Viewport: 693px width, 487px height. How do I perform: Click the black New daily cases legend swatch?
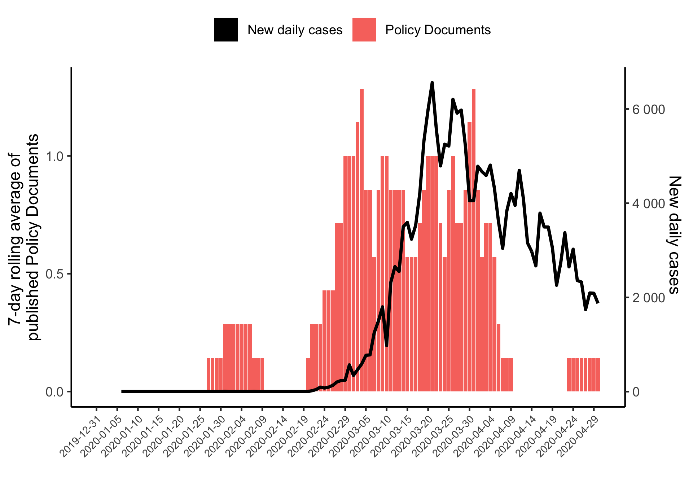(x=226, y=30)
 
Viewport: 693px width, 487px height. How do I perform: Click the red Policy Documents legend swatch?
(x=364, y=30)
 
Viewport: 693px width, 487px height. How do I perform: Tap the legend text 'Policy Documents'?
(x=438, y=30)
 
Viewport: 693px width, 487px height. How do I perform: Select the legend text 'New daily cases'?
(x=295, y=30)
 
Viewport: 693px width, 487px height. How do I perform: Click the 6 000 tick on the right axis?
(x=648, y=110)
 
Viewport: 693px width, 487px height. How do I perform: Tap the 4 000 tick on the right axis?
(x=648, y=203)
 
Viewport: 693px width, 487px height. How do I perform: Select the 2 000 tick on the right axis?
(x=648, y=298)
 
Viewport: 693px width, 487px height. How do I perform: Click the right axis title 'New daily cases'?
(x=674, y=234)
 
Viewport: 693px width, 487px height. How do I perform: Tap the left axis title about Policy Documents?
(x=23, y=237)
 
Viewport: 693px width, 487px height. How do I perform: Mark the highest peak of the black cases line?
(x=432, y=83)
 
